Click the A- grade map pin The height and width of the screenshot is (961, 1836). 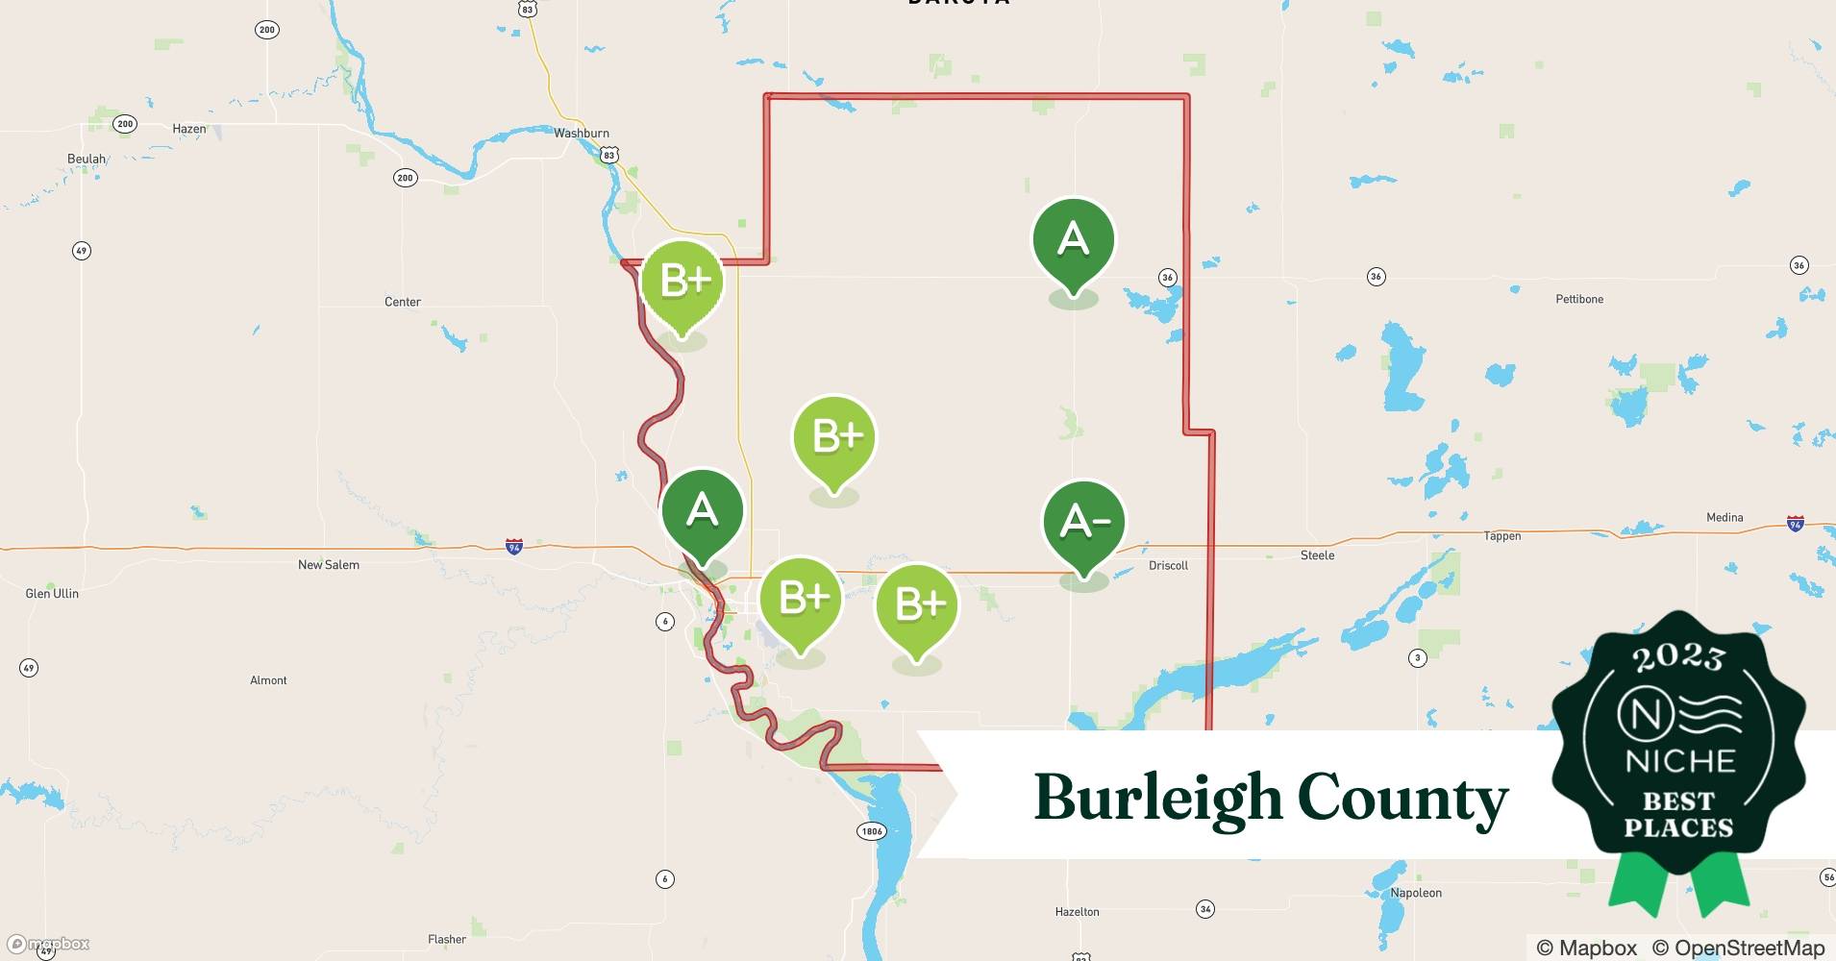1084,523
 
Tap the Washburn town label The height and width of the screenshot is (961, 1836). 582,134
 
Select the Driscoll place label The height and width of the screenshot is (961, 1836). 1168,566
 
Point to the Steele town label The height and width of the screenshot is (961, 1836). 1317,555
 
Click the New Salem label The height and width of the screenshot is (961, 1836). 329,565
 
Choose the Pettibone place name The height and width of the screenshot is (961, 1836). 1579,300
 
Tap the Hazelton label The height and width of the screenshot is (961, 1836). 1077,912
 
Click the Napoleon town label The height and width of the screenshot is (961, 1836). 1416,894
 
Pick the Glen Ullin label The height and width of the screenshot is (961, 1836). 52,594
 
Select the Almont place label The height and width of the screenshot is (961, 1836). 268,680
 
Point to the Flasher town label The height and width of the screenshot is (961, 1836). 447,940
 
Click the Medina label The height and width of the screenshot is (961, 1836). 1724,518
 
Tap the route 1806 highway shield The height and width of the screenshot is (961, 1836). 872,831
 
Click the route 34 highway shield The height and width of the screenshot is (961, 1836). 1205,909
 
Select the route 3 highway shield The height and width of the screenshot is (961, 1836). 1417,658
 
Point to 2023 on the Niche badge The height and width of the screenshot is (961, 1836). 1678,657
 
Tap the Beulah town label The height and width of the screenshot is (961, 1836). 87,160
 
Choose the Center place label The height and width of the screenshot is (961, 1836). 403,303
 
